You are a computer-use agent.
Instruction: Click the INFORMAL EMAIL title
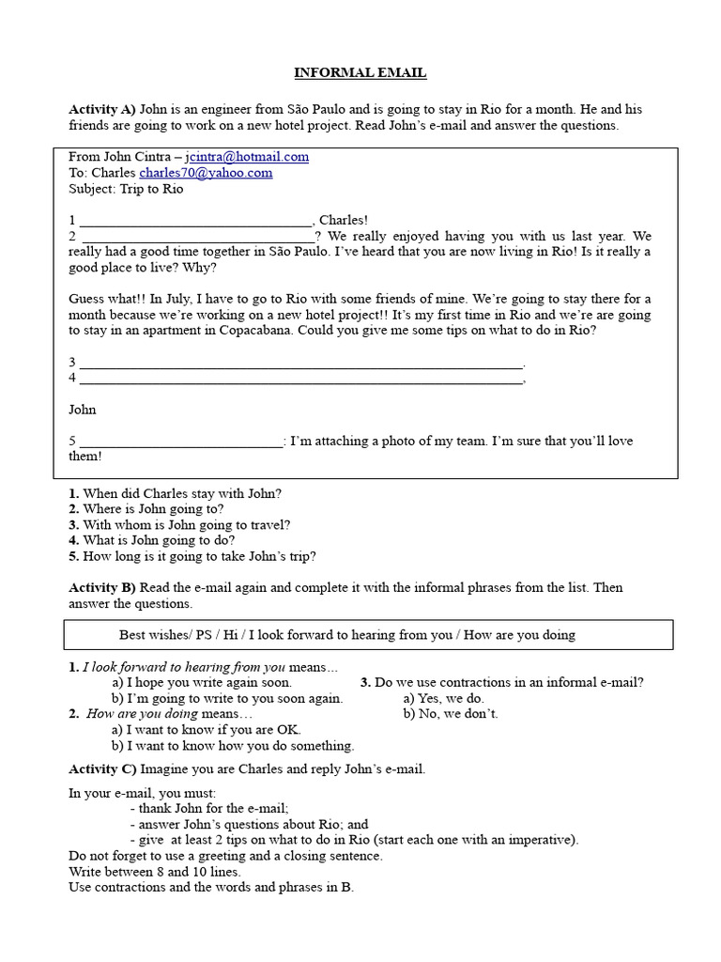coord(360,72)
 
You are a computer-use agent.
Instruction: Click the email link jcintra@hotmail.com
coord(247,157)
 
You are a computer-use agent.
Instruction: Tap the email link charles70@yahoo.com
coord(206,173)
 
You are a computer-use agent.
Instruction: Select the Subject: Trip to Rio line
coord(126,189)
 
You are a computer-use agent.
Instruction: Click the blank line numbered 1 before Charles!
coord(195,223)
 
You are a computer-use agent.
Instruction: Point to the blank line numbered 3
coord(300,364)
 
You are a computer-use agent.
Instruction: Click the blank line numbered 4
coord(300,380)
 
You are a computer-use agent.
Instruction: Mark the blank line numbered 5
coord(181,442)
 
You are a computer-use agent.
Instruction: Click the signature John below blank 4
coord(83,410)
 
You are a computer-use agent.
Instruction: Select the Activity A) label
coord(102,110)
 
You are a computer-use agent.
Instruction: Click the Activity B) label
coord(102,588)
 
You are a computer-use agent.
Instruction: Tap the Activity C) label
coord(102,769)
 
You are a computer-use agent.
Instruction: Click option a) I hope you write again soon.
coord(202,683)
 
